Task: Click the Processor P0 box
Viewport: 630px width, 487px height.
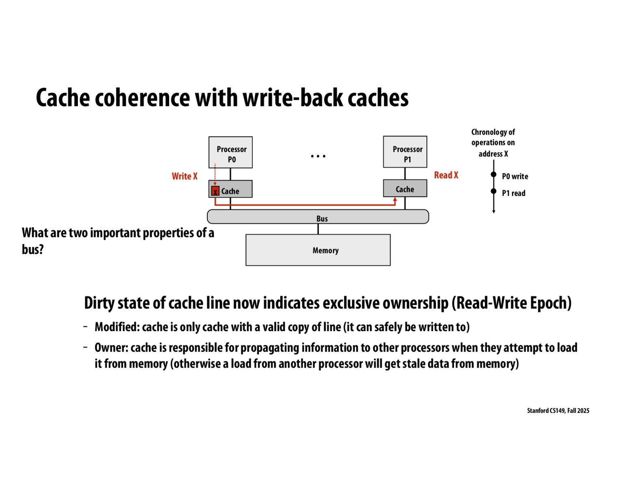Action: (230, 153)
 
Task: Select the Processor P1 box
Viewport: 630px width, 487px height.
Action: (405, 152)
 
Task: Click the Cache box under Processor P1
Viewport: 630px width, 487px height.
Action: (405, 189)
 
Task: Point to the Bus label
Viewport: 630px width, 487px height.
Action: (322, 218)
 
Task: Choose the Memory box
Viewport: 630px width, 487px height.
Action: (318, 250)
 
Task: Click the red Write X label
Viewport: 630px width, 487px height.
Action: (184, 176)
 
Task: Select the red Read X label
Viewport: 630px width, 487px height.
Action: (446, 175)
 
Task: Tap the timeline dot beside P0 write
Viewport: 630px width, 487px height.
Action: (493, 175)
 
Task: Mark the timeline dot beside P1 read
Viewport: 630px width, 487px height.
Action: (493, 191)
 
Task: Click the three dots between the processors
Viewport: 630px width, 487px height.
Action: (318, 156)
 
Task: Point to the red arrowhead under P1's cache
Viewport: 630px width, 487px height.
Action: (395, 199)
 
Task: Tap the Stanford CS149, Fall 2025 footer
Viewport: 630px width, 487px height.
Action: (558, 411)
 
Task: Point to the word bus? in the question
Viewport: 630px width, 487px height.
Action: (32, 249)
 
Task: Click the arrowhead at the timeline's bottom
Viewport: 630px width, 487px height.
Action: (493, 211)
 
